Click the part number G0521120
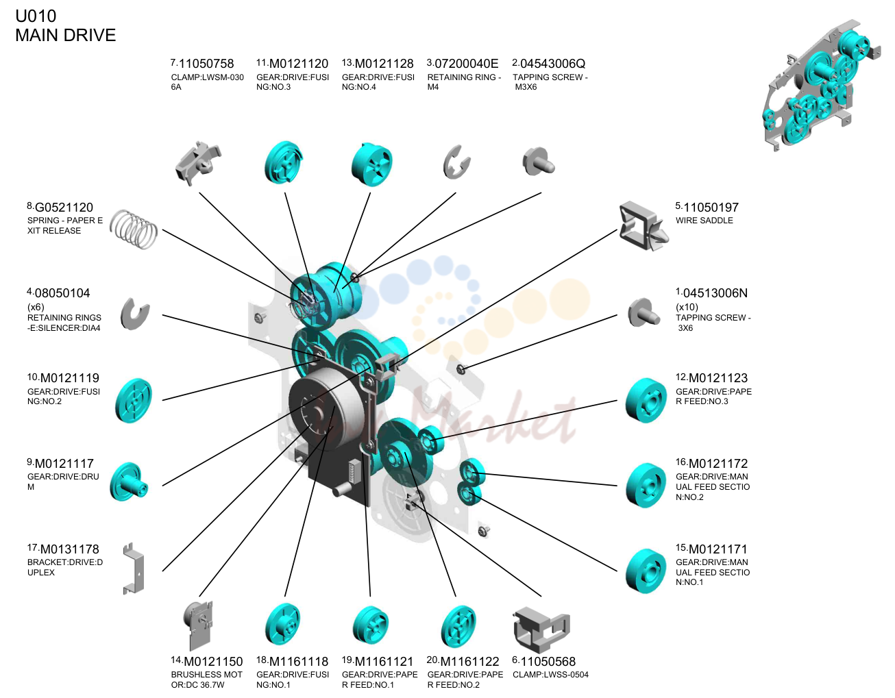pyautogui.click(x=64, y=208)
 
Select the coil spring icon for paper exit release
pyautogui.click(x=134, y=229)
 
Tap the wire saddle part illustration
pyautogui.click(x=643, y=226)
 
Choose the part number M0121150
pyautogui.click(x=213, y=662)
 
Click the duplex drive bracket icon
pyautogui.click(x=134, y=569)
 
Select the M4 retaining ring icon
pyautogui.click(x=456, y=162)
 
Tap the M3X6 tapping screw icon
pyautogui.click(x=539, y=162)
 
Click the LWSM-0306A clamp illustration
pyautogui.click(x=197, y=164)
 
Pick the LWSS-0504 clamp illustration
pyautogui.click(x=541, y=630)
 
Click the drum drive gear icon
pyautogui.click(x=129, y=482)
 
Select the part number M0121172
pyautogui.click(x=718, y=464)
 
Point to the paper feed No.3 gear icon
pyautogui.click(x=646, y=401)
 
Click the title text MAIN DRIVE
pyautogui.click(x=66, y=36)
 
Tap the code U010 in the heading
pyautogui.click(x=36, y=16)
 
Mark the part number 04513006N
pyautogui.click(x=715, y=293)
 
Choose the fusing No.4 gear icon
pyautogui.click(x=371, y=164)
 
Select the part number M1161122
pyautogui.click(x=469, y=662)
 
